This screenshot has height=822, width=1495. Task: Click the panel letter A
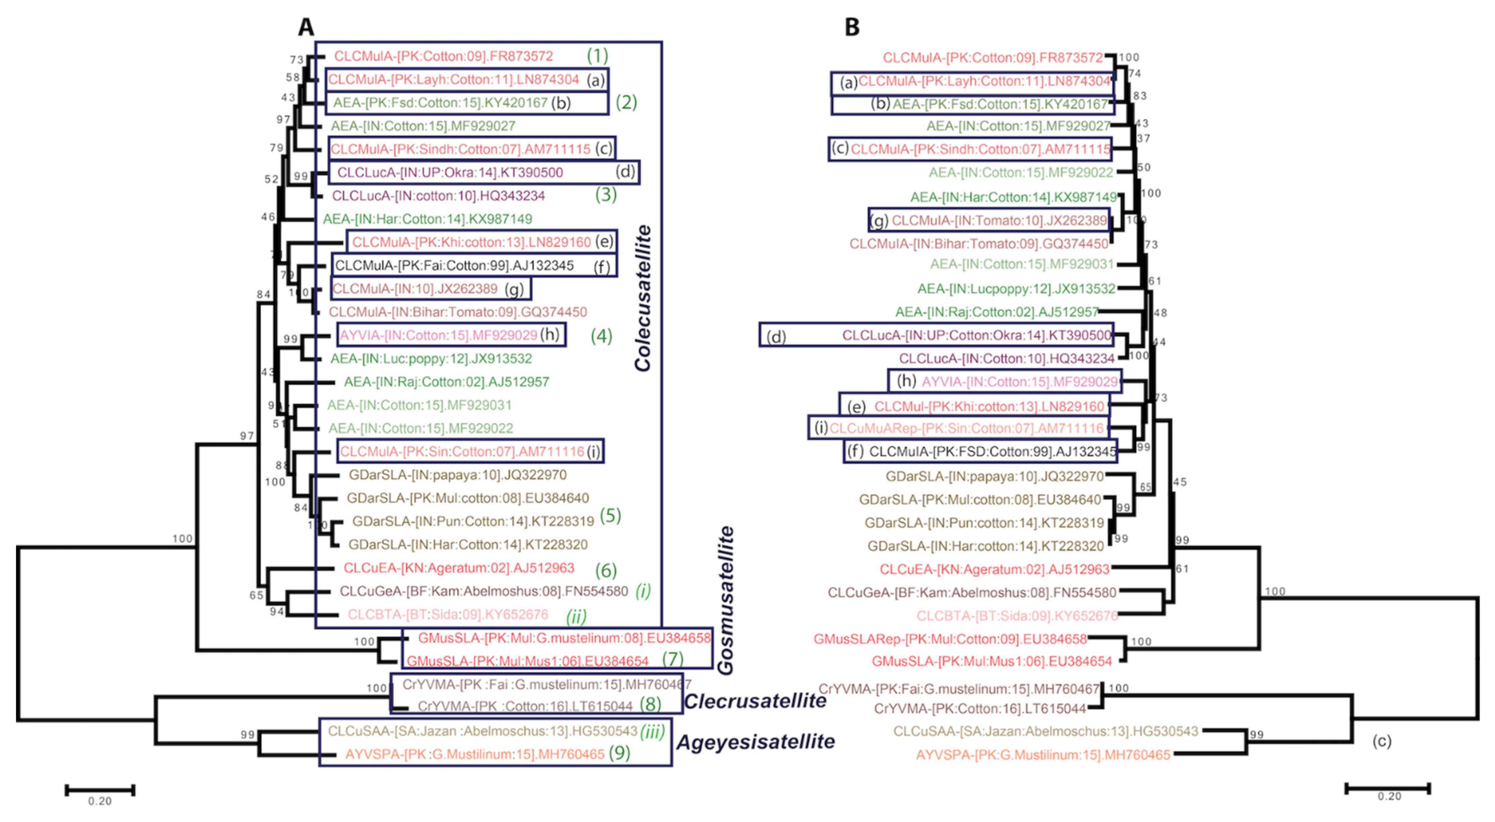306,27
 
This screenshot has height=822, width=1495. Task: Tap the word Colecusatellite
643,298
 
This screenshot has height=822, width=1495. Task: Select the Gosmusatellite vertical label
726,601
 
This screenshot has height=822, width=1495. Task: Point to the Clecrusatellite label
755,701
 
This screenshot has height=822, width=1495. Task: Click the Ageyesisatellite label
756,741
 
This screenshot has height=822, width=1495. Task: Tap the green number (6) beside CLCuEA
606,570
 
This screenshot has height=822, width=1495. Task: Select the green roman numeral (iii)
652,731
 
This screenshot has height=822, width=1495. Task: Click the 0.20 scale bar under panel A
100,790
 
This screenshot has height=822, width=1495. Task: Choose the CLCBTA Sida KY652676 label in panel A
447,614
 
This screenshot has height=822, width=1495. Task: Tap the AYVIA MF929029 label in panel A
438,335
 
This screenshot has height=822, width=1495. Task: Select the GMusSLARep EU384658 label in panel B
950,639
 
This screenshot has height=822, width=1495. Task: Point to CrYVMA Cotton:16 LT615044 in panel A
525,707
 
